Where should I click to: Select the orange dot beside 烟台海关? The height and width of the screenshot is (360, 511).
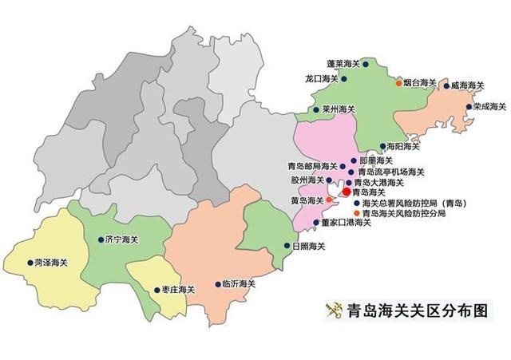(x=398, y=81)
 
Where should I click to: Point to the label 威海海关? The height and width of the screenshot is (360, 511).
(x=466, y=84)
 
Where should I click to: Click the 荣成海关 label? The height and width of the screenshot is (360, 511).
(x=489, y=105)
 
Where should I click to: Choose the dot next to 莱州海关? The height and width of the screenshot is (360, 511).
(x=316, y=109)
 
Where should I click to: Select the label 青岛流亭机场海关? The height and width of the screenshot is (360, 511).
(x=390, y=172)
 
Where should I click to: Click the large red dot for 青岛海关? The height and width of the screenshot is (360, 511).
(x=345, y=192)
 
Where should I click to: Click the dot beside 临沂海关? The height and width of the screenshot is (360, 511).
(x=218, y=283)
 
